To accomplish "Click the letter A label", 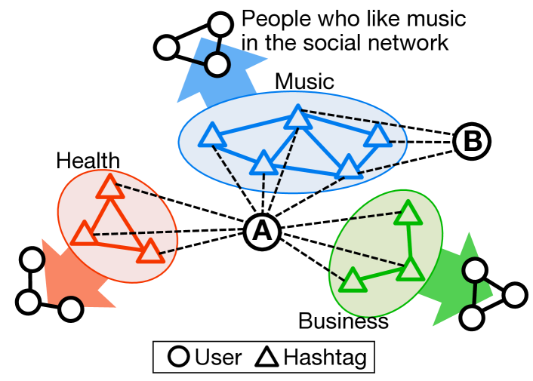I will pos(262,232).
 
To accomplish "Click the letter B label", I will pos(472,141).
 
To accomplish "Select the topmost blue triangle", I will pos(298,118).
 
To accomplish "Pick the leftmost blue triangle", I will pos(212,136).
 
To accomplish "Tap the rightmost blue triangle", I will pos(377,136).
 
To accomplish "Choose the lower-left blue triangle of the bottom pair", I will pos(263,163).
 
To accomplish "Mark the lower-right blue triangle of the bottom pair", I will pos(348,167).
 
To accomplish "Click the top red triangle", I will pos(110,187).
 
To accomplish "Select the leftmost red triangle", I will pos(84,234).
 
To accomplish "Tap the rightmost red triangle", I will pos(150,251).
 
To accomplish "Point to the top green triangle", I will pos(408,214).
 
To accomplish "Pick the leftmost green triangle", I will pos(353,281).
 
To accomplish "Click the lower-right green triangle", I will pos(411,269).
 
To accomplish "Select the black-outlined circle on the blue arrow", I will pos(217,64).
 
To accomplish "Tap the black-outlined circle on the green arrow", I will pos(475,270).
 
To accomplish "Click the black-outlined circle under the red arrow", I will pos(71,309).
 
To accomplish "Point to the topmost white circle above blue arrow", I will pos(220,25).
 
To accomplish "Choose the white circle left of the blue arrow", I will pos(166,48).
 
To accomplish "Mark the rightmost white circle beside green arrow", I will pos(515,295).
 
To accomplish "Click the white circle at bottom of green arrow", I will pos(472,318).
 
